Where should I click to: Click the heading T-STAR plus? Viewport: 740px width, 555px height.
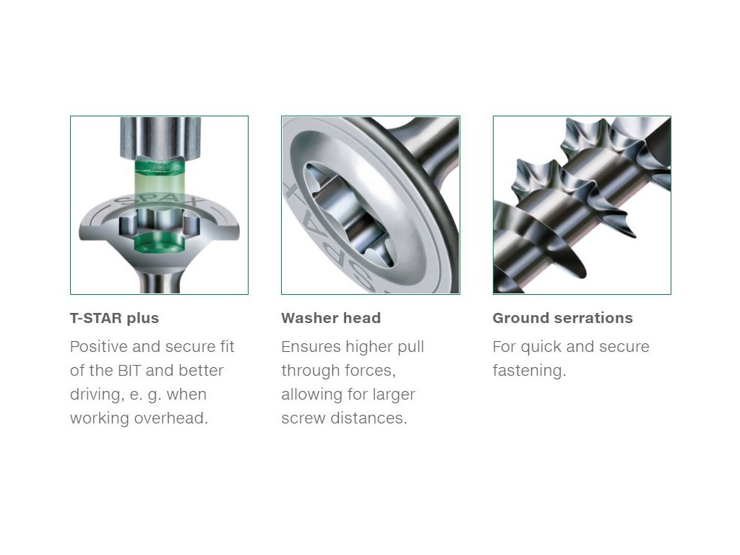[x=114, y=318]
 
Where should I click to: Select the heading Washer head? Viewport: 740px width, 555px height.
[x=331, y=318]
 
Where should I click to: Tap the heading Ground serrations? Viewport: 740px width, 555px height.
[x=562, y=318]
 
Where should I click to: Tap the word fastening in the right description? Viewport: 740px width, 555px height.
[x=529, y=371]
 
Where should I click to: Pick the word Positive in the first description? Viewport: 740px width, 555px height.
[x=99, y=346]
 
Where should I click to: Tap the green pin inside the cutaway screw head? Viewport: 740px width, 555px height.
[x=158, y=241]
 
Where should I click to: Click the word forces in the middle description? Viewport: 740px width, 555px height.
[x=374, y=371]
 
